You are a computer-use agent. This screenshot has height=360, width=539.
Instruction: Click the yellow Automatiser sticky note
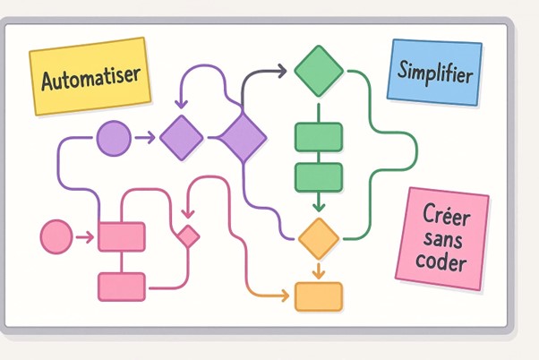tap(90, 76)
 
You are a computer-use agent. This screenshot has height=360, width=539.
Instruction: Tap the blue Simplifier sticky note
tap(435, 70)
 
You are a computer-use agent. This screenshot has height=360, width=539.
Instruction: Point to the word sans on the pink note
tap(442, 239)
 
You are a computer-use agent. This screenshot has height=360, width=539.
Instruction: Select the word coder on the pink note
tap(441, 262)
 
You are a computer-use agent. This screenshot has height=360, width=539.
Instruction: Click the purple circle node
tap(114, 137)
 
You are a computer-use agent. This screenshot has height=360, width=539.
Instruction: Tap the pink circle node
tap(56, 237)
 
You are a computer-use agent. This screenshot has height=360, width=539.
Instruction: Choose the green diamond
tap(319, 70)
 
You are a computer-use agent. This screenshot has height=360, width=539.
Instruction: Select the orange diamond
tap(319, 238)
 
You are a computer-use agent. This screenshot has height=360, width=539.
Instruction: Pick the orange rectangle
tap(319, 296)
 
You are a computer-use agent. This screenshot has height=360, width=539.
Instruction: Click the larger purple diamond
tap(243, 137)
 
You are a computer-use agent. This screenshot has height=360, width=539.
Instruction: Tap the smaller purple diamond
tap(183, 137)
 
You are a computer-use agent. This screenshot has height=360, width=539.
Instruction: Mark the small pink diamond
tap(188, 236)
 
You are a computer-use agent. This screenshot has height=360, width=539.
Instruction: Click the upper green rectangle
tap(319, 137)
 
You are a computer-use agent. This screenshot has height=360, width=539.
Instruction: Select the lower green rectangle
tap(319, 177)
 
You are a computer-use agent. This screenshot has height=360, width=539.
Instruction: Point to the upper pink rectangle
tap(122, 236)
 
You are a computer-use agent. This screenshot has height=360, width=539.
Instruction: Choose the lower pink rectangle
tap(122, 287)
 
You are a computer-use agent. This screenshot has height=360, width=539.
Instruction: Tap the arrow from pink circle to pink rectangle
tap(86, 237)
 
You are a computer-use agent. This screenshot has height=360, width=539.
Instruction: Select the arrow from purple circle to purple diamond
tap(146, 137)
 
